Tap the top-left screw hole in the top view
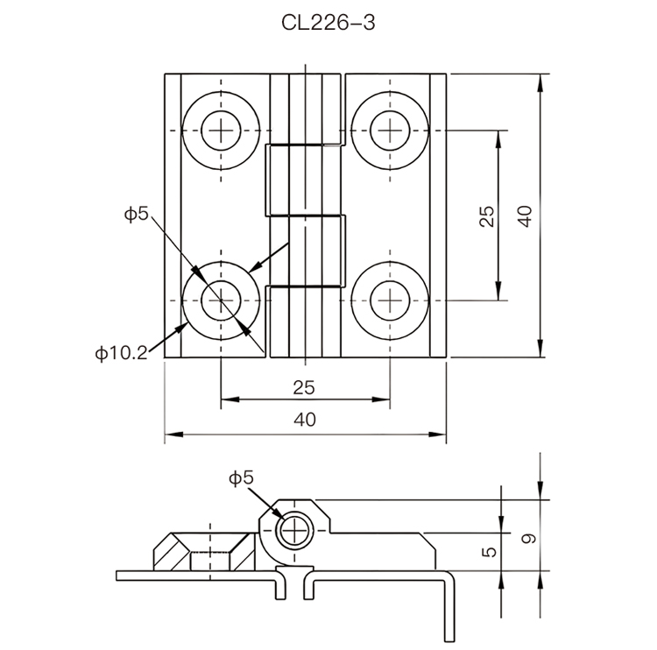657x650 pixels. tap(223, 132)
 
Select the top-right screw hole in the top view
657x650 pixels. tap(389, 132)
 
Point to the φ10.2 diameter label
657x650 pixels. tap(122, 353)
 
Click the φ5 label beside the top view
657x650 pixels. tap(137, 213)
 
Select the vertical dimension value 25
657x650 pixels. tap(488, 215)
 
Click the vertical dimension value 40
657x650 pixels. tap(524, 215)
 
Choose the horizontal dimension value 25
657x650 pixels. tap(304, 387)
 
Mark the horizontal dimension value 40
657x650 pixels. tap(304, 420)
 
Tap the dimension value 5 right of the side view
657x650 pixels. tap(490, 552)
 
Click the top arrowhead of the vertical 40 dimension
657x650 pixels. tap(540, 81)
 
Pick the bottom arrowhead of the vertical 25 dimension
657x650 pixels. tap(499, 294)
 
